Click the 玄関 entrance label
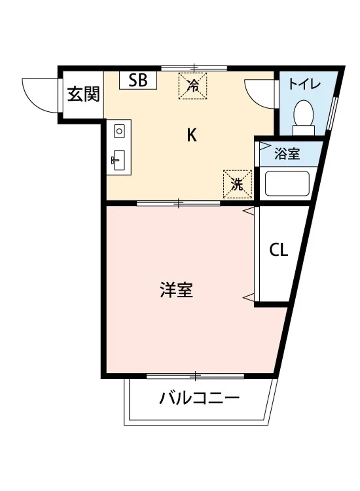click(83, 95)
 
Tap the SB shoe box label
click(138, 81)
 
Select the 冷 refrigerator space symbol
click(193, 86)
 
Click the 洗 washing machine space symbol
click(238, 185)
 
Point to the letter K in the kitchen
click(191, 135)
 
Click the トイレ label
click(304, 85)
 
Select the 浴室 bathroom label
click(287, 154)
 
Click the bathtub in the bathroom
click(287, 183)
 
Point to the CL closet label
click(279, 250)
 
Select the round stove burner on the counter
click(119, 131)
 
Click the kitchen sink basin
click(119, 159)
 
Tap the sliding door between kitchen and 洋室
click(178, 203)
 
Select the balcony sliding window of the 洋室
click(196, 376)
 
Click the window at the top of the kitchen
click(194, 68)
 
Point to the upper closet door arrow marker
click(249, 211)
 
